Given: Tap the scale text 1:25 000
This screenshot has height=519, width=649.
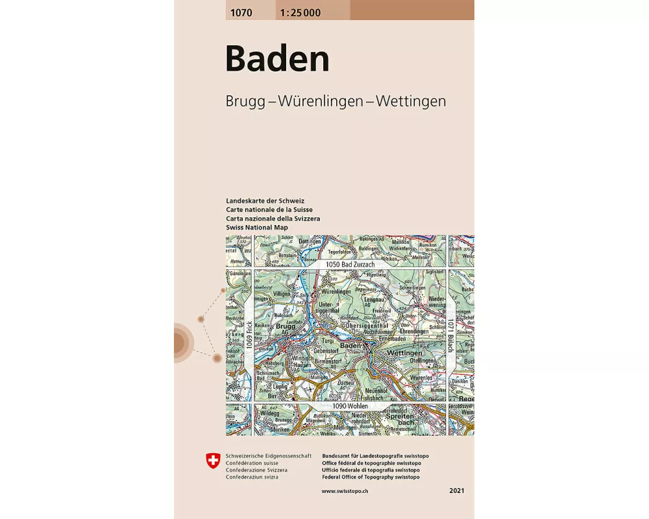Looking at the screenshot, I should [x=298, y=12].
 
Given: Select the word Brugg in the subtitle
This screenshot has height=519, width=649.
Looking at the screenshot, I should [x=244, y=102].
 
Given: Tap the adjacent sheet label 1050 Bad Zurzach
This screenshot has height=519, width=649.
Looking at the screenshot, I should [x=342, y=265].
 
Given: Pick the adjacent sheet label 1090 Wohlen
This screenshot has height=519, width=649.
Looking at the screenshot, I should [x=350, y=406].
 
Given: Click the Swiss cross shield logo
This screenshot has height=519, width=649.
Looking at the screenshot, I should [x=212, y=462].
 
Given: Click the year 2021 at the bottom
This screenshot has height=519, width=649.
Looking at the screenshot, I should [x=456, y=491].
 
